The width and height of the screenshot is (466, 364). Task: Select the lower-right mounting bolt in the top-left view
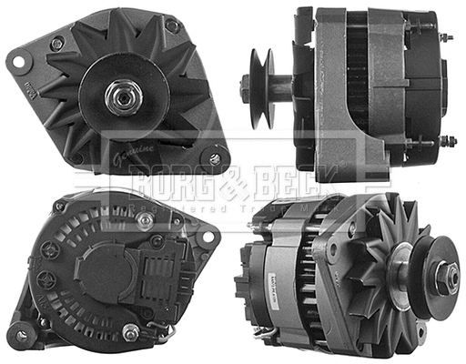(215, 158)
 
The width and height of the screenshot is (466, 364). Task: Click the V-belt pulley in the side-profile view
(261, 87)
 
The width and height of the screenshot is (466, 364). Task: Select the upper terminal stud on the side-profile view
(446, 38)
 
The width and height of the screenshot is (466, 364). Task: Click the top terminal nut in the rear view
(144, 218)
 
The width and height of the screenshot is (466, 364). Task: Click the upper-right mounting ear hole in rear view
(208, 237)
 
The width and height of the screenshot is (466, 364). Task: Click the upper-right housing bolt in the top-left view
(171, 25)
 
